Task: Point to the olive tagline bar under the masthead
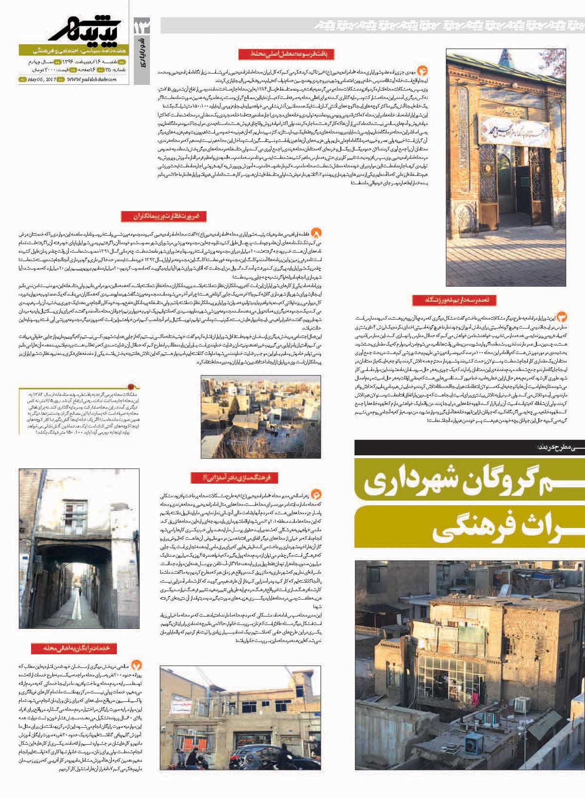pos(73,50)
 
